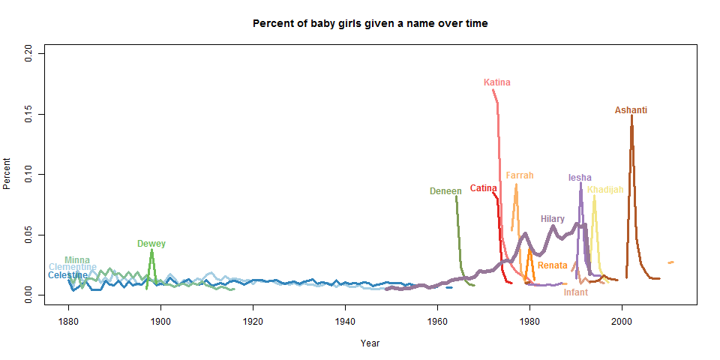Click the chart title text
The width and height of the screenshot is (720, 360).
370,23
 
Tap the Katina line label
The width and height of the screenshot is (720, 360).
497,82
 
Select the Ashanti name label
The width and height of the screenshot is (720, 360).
631,110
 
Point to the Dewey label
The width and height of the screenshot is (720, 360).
151,244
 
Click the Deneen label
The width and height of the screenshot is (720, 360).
445,191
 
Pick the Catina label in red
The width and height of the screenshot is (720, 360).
484,188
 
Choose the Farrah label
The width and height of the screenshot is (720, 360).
520,175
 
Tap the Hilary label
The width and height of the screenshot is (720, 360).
553,219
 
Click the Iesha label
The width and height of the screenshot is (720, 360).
580,178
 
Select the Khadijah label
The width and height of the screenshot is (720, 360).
605,190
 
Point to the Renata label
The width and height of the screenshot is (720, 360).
553,265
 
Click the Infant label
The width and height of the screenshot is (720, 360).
576,292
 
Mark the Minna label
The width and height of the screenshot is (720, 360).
77,260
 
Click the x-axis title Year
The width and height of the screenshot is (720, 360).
370,343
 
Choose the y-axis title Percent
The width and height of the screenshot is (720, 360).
8,174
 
